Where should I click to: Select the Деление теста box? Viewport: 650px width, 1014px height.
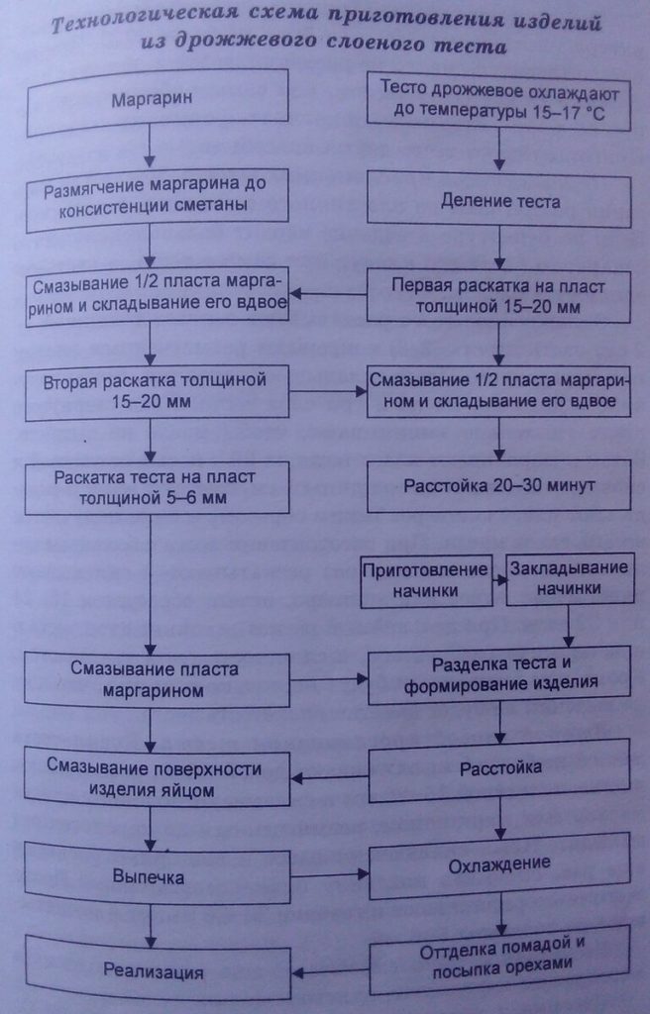pos(499,201)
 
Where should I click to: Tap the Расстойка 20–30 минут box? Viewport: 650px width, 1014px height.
pos(499,486)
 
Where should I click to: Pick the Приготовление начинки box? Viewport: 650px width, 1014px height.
pos(425,579)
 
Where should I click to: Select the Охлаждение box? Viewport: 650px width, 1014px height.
pos(499,864)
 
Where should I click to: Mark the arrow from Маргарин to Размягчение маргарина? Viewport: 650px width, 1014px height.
pos(149,149)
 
